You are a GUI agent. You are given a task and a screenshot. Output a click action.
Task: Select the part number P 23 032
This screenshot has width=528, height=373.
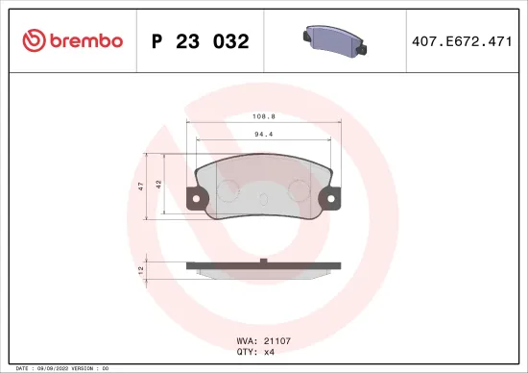point(201,41)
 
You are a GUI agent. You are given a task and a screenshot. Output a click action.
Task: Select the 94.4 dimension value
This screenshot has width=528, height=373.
point(263,136)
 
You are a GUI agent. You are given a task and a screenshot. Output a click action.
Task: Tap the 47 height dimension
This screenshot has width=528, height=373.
point(141,186)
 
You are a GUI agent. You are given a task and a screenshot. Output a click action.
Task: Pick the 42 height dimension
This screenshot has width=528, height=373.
point(160,186)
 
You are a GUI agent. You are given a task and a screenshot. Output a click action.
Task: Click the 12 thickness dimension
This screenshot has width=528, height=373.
point(141,269)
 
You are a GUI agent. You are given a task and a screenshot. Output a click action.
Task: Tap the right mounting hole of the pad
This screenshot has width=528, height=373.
point(333,200)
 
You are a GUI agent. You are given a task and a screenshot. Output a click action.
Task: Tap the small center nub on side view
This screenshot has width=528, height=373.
point(263,260)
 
